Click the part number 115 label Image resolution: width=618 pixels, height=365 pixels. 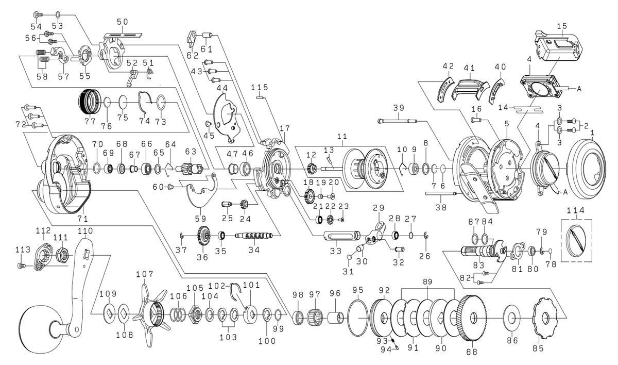coord(259,88)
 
